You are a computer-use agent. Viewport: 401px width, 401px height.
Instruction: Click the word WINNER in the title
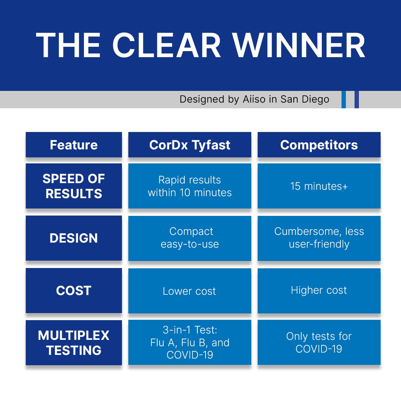(x=299, y=45)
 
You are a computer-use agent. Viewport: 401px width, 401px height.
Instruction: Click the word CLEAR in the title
(x=166, y=45)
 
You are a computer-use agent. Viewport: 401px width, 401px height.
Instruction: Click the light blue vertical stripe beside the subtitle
(x=344, y=100)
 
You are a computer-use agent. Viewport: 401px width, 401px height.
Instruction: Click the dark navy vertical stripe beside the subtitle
(x=357, y=100)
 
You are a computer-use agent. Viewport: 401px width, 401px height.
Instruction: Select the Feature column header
(x=74, y=145)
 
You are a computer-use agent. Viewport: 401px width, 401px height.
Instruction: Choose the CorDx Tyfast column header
(x=189, y=145)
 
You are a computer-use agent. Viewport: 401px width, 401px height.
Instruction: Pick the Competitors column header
(x=319, y=145)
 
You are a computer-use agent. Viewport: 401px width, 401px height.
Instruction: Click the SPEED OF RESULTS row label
(x=74, y=186)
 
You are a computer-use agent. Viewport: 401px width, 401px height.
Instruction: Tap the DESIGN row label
(x=74, y=238)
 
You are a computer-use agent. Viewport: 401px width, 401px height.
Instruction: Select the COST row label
(x=74, y=291)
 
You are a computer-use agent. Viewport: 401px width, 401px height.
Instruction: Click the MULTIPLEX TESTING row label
(x=74, y=343)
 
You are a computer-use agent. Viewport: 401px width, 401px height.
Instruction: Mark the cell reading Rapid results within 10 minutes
(x=189, y=186)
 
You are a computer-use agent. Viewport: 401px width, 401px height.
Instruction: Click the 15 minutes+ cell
(x=319, y=186)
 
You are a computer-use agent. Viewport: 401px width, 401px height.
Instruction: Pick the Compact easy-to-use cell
(x=189, y=238)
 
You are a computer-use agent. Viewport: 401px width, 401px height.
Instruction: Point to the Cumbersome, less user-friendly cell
(x=319, y=238)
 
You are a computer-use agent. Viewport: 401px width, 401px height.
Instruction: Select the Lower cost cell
(x=189, y=291)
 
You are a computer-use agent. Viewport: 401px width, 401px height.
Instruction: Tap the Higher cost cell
(x=319, y=290)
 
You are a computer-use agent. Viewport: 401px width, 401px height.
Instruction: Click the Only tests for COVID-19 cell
(x=319, y=343)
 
